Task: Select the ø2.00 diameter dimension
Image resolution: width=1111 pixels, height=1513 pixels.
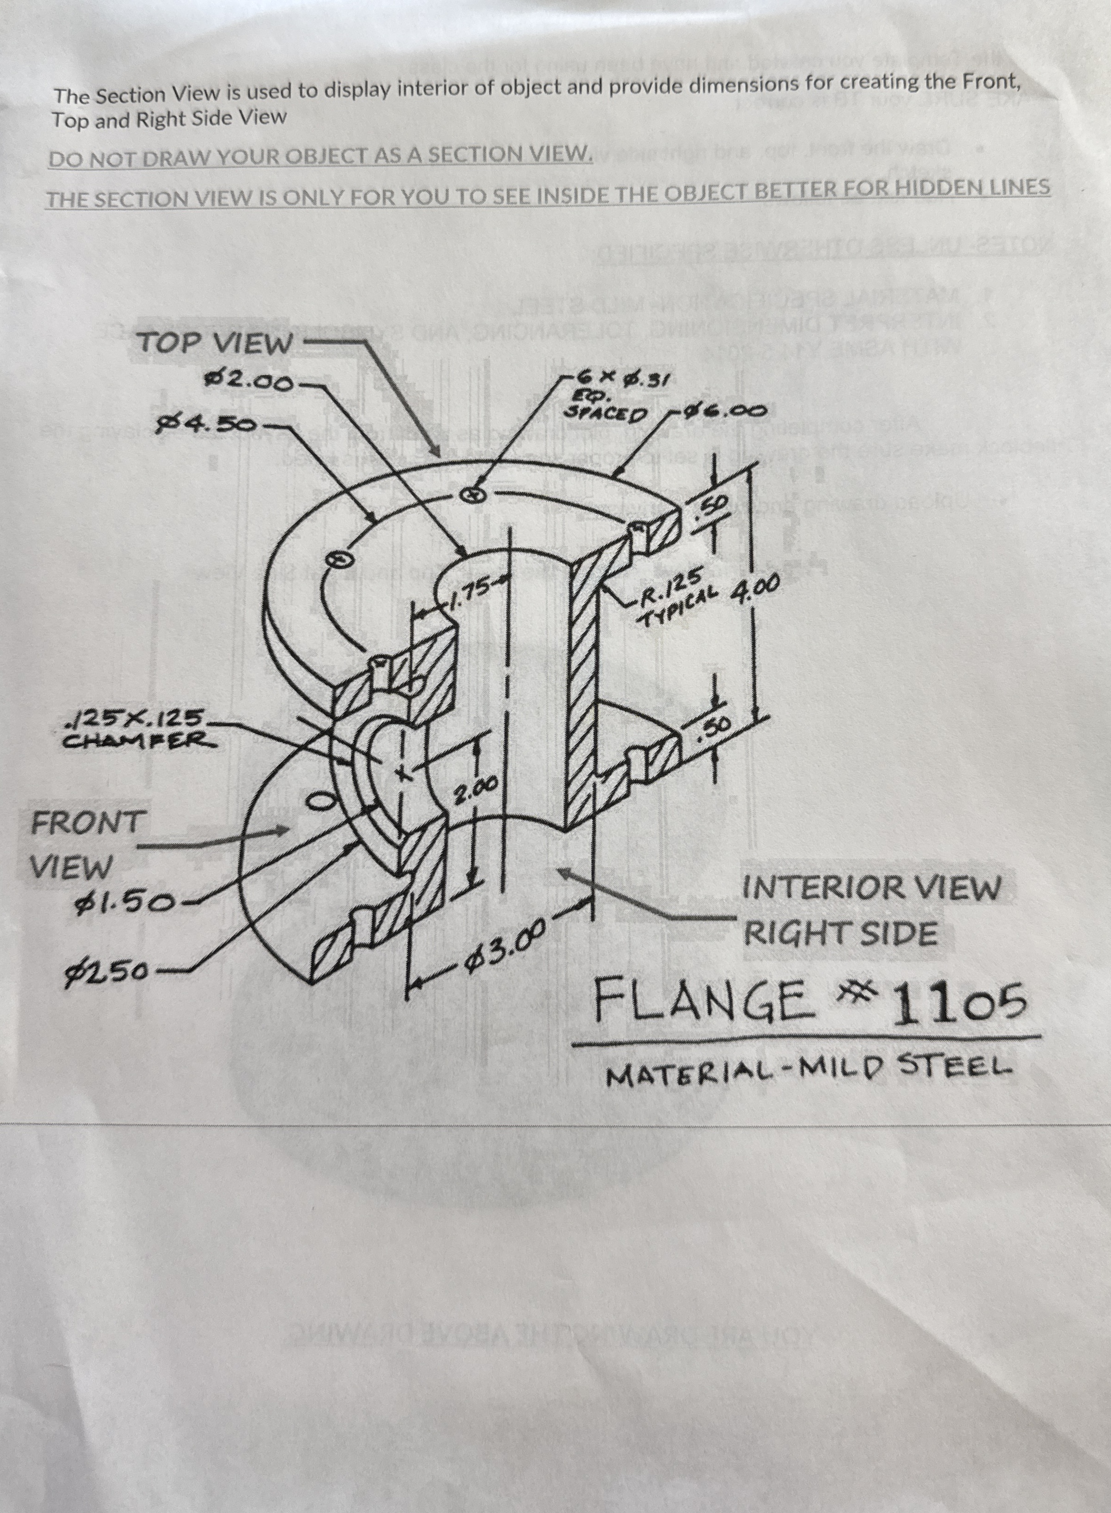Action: coord(250,381)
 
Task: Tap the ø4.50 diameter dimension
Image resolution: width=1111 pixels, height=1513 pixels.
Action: coord(206,424)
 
